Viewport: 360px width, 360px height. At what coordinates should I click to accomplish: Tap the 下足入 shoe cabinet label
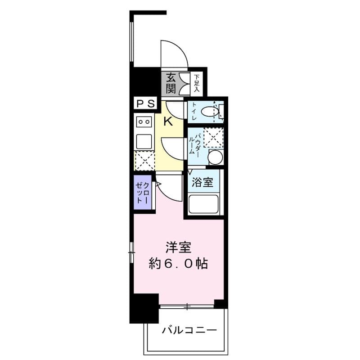tap(196, 83)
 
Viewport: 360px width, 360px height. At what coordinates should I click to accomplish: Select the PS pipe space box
tap(145, 103)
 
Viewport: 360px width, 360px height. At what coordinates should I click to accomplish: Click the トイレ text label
tap(194, 111)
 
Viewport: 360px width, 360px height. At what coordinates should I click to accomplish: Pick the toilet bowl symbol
tap(210, 112)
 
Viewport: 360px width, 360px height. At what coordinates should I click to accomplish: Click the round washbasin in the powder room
tap(216, 157)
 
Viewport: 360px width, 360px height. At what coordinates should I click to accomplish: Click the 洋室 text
tap(179, 247)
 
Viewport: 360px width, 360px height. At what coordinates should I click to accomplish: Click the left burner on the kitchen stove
tap(140, 121)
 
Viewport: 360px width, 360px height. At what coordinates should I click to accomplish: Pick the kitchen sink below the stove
tap(144, 141)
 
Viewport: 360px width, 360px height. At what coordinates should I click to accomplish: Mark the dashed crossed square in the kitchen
tap(144, 160)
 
